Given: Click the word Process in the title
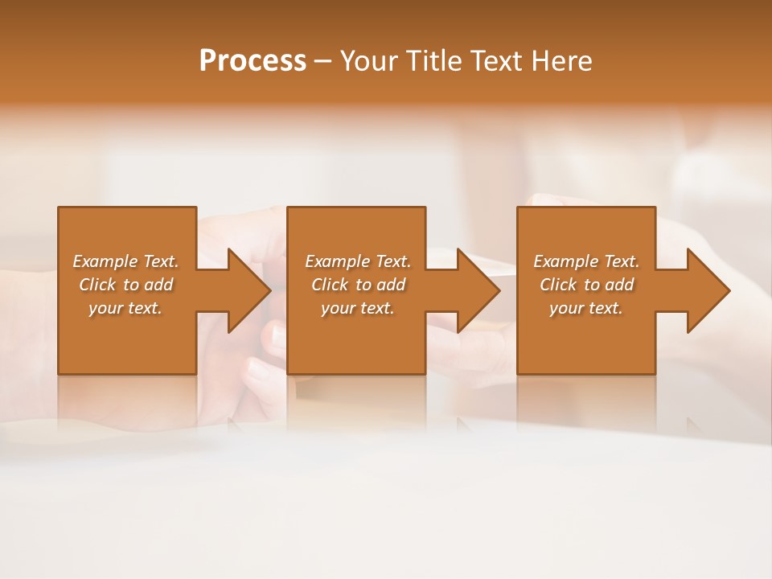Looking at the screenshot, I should tap(253, 61).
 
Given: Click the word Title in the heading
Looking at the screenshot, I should tap(432, 61).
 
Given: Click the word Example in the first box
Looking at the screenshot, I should tap(105, 261).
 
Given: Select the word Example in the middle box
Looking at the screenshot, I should tap(338, 261).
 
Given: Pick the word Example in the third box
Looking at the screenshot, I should tap(566, 261).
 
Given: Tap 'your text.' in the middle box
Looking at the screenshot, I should tap(358, 308).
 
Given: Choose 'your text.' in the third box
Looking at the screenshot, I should tap(586, 308).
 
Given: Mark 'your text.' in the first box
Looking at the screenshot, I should tap(125, 308).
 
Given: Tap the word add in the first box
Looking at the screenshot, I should tap(158, 285).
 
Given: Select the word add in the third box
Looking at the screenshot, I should tap(619, 285).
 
